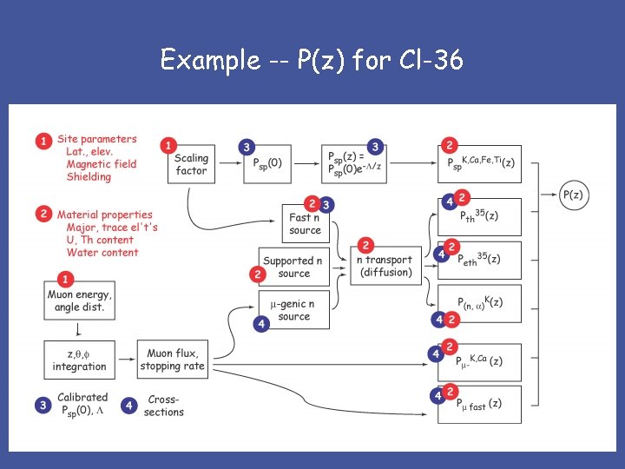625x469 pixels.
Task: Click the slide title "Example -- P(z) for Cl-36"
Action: pos(312,61)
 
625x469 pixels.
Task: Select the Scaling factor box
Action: pos(191,164)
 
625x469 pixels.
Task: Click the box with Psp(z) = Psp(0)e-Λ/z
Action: pos(352,164)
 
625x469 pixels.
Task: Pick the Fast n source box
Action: pos(305,224)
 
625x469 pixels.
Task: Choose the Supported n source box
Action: pos(293,267)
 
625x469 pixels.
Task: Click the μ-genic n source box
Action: pos(293,310)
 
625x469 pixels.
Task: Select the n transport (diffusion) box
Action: pos(385,266)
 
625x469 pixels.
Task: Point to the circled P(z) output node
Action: pos(573,195)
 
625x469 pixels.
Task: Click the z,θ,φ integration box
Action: pos(79,360)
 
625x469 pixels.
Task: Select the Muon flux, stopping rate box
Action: pos(172,360)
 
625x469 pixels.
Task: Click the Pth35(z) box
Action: pos(480,217)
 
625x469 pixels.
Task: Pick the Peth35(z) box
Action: pos(480,260)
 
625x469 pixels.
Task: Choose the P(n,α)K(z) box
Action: pos(480,303)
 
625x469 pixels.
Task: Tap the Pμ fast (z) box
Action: pos(480,405)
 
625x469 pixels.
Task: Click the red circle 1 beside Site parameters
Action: pos(44,141)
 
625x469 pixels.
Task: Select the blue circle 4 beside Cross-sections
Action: pos(129,406)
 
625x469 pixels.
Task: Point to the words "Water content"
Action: pos(102,253)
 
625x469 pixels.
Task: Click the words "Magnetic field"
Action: pos(102,164)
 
